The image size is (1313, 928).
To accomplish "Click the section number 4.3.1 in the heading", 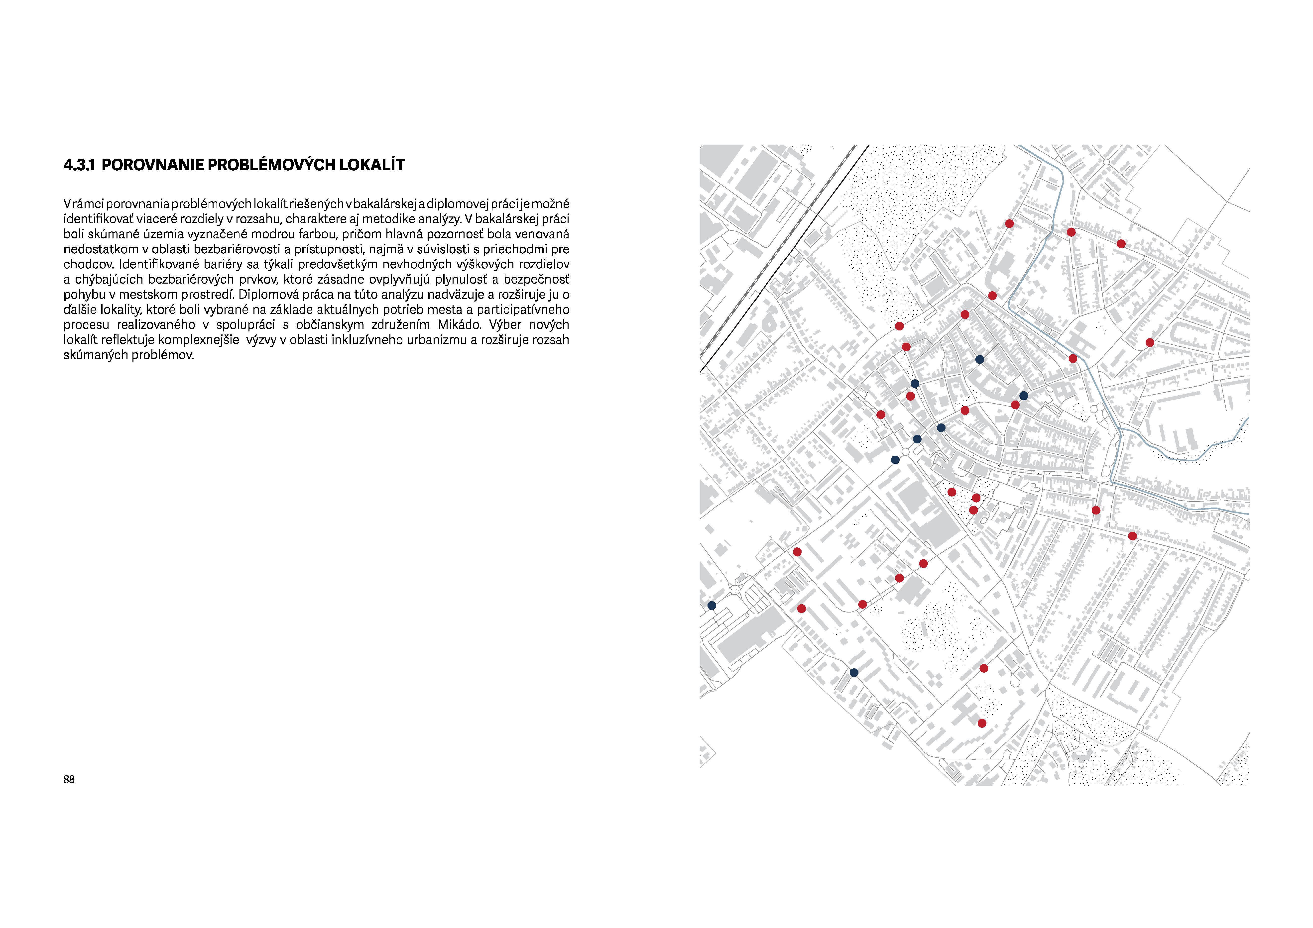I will coord(78,165).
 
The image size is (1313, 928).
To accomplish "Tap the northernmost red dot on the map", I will coord(1009,223).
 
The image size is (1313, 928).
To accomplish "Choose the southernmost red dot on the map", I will coord(982,723).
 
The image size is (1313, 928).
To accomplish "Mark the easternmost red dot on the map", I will coord(1149,343).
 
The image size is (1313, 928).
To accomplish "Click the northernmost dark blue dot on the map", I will coord(980,360).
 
